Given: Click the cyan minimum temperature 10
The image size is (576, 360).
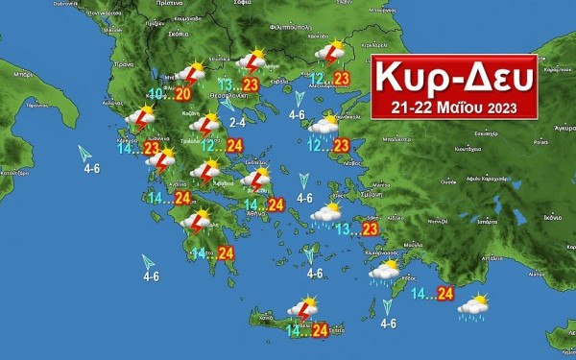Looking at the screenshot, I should pyautogui.click(x=160, y=92).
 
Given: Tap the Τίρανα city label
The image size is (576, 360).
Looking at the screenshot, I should pyautogui.click(x=122, y=64).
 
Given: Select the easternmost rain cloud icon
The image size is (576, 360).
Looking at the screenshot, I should pyautogui.click(x=472, y=305).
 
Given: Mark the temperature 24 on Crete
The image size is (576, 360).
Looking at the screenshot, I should pyautogui.click(x=321, y=330).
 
